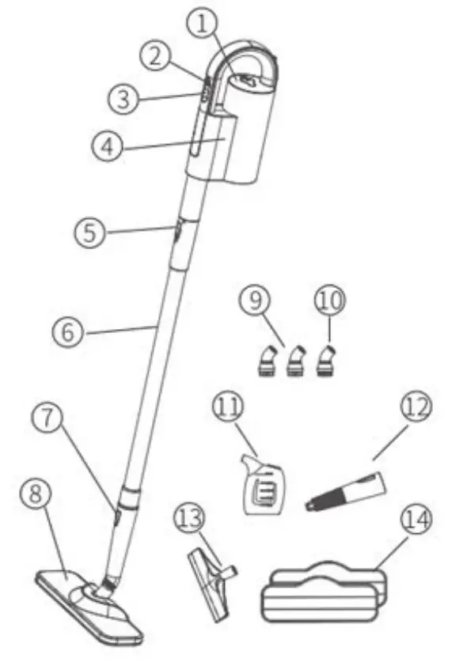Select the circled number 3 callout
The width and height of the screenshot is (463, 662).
point(123,98)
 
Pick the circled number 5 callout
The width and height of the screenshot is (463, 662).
point(90,233)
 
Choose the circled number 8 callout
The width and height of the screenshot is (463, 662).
point(35,496)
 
